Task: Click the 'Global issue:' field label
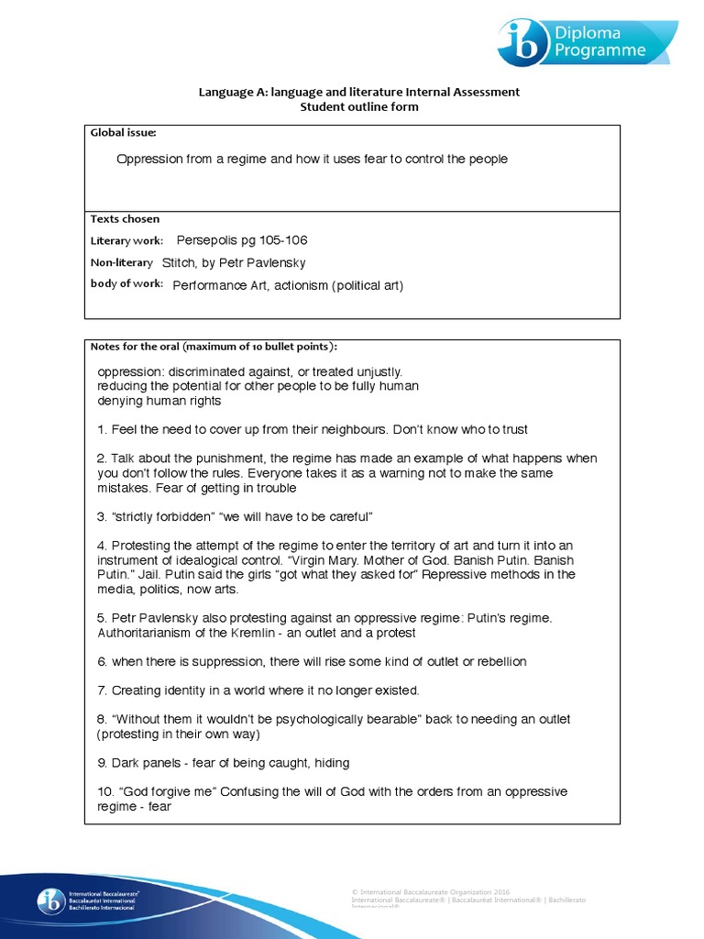[x=117, y=134]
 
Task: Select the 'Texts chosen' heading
[x=125, y=219]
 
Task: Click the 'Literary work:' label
[x=126, y=241]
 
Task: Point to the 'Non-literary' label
[x=122, y=262]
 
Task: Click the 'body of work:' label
[x=126, y=284]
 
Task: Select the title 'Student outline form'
[x=359, y=106]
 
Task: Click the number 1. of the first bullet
[x=102, y=429]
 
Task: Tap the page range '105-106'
[x=279, y=240]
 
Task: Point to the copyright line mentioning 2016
[x=431, y=891]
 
